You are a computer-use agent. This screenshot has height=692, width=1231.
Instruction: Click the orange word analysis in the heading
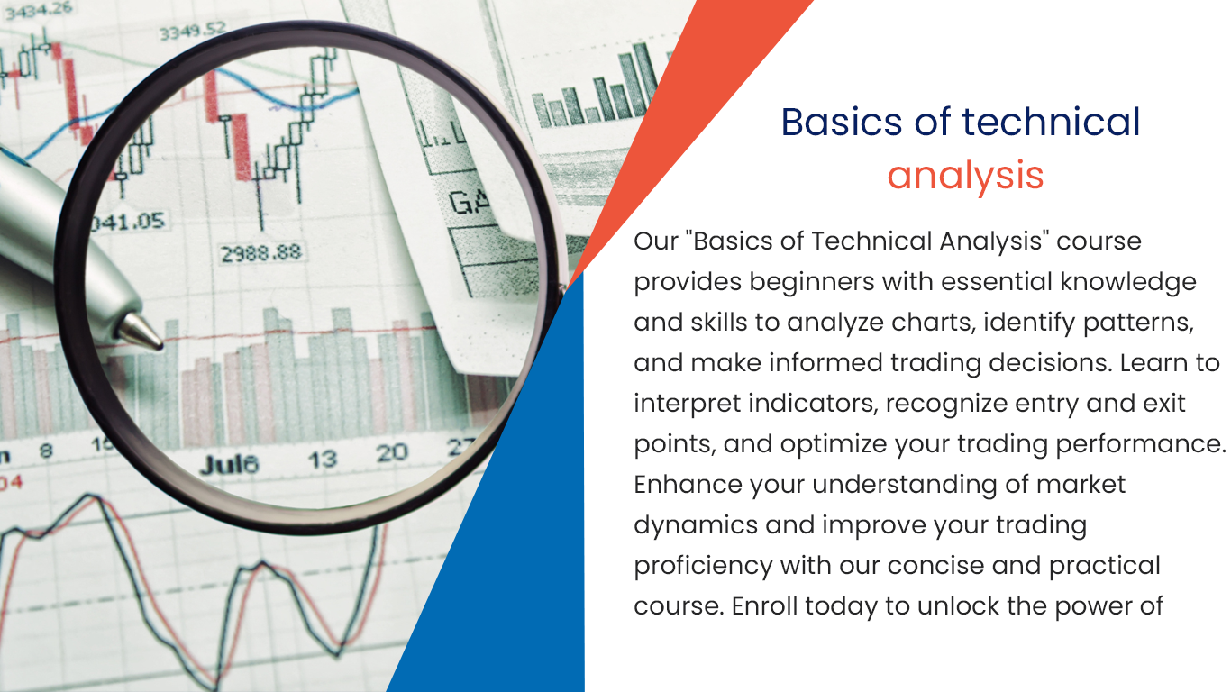tap(965, 176)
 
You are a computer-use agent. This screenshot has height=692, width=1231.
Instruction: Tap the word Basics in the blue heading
tap(842, 122)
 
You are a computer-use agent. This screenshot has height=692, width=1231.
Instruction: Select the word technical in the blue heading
tap(1051, 122)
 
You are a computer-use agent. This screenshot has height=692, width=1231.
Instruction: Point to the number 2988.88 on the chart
tap(261, 253)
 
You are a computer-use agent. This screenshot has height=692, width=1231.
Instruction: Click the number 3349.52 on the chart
tap(192, 31)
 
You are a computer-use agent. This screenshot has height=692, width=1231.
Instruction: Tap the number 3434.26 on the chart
tap(39, 9)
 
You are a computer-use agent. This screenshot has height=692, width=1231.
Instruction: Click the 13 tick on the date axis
tap(322, 459)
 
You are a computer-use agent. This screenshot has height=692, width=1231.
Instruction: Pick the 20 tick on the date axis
tap(392, 453)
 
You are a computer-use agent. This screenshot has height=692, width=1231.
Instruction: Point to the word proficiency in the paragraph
tap(703, 567)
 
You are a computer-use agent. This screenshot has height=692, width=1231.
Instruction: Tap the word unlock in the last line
tap(958, 606)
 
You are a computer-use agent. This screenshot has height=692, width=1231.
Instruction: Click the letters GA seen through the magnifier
tap(469, 201)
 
